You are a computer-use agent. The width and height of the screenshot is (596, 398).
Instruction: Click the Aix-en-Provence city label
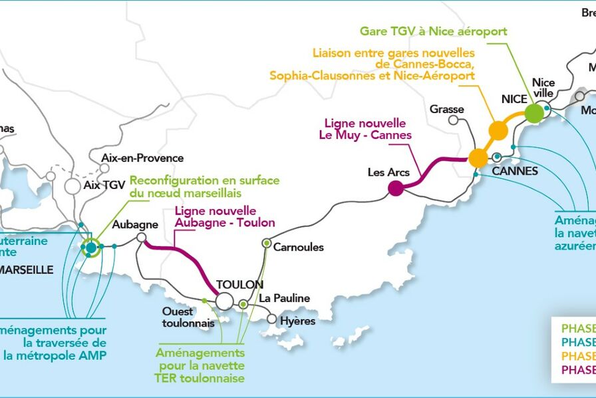coord(142,158)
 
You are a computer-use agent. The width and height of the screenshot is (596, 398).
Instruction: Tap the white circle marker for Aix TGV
coord(72,186)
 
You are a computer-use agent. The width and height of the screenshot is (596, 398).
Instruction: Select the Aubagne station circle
coord(141,237)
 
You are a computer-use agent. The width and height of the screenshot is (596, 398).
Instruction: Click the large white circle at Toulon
coord(225,301)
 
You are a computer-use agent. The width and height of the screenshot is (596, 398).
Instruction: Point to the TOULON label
coord(239,284)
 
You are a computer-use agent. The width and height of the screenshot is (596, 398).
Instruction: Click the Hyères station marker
coord(271,319)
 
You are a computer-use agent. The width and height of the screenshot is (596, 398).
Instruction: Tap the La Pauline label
coord(284,298)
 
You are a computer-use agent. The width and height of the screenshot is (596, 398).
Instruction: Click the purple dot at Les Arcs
coord(396,188)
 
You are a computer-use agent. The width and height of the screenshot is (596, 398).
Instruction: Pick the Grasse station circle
coord(454,120)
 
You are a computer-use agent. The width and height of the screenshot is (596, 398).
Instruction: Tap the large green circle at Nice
coord(533,113)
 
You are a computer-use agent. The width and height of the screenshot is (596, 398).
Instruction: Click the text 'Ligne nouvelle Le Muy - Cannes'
coord(367,129)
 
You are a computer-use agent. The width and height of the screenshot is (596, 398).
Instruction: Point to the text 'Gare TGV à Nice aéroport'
coord(433,31)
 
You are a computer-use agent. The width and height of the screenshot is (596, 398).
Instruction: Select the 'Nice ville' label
coord(543,88)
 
